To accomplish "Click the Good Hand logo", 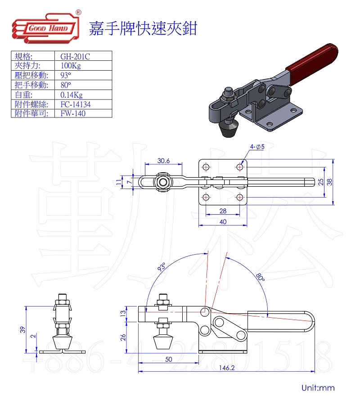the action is (x=46, y=27).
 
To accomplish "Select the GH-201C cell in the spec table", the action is (x=75, y=56).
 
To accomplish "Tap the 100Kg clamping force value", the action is (x=71, y=66).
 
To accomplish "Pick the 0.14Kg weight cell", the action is (x=72, y=95).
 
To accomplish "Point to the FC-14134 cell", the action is (x=76, y=104).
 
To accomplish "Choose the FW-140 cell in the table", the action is (x=73, y=113).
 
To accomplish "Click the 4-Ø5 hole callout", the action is (x=257, y=147).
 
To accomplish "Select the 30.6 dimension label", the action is (x=163, y=161).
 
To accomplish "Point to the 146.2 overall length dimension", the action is (x=226, y=368).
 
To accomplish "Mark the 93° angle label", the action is (x=162, y=267).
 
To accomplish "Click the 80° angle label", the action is (x=260, y=277).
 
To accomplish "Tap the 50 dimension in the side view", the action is (x=168, y=359).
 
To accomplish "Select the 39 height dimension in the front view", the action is (x=23, y=329).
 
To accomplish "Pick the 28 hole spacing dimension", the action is (x=223, y=211).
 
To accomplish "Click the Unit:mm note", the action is (x=318, y=388).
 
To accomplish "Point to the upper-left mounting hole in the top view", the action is (x=206, y=167).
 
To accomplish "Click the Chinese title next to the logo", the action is (x=143, y=28).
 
